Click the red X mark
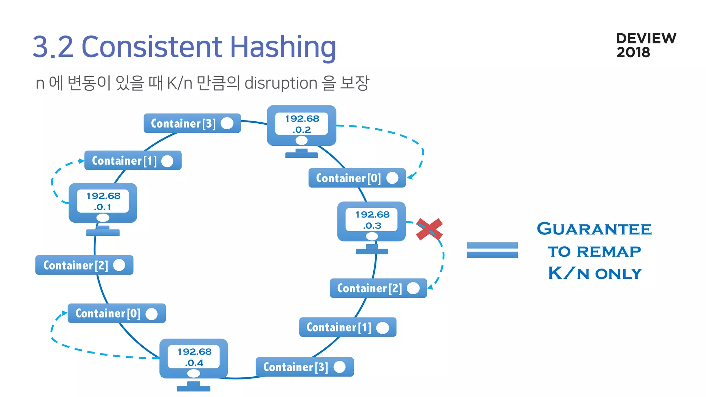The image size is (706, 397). coord(429,229)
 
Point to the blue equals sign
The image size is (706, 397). coord(492,250)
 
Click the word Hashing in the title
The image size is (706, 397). coord(283,47)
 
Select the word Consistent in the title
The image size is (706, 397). coord(152,47)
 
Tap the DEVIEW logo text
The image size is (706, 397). coord(646,38)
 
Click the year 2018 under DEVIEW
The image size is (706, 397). coord(633,52)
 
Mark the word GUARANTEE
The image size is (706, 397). coord(594,229)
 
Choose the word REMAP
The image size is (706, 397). coord(609,252)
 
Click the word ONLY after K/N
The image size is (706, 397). coord(618,274)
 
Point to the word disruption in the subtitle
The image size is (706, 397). coord(281,83)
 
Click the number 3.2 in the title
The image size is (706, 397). coord(53,47)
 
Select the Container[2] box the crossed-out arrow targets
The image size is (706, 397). coord(378,288)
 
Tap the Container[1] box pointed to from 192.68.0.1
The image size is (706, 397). coord(133,161)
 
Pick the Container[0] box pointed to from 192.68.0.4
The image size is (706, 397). coord(117,313)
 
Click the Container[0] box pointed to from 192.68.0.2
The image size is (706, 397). coord(357,178)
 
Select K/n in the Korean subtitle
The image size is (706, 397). coord(180,83)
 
